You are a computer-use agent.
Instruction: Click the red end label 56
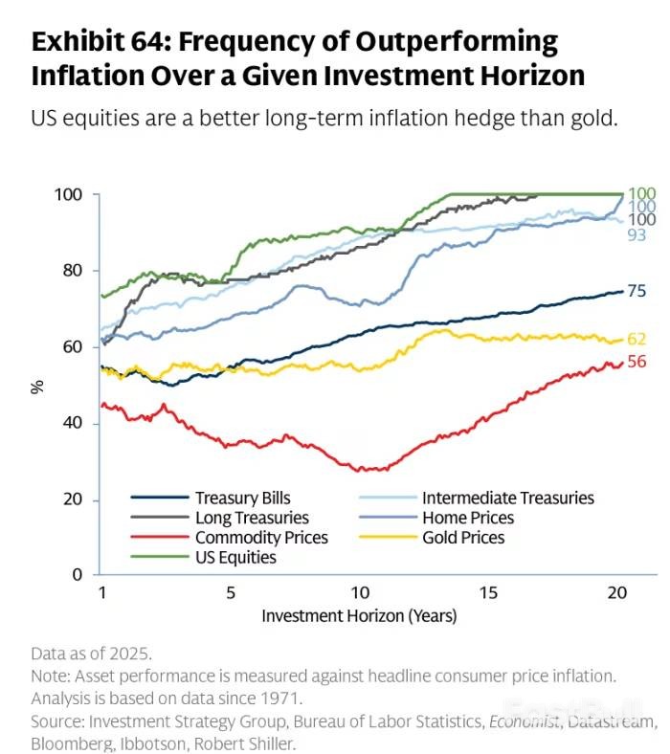point(636,362)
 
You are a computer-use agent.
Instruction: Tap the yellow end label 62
point(636,338)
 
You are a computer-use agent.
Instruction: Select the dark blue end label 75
point(636,291)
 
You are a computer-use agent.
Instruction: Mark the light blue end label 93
point(636,233)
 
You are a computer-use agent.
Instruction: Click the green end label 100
point(640,193)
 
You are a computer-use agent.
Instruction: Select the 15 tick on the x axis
point(487,593)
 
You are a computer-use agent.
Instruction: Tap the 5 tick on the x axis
point(231,593)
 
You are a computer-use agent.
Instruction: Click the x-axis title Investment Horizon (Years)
point(359,615)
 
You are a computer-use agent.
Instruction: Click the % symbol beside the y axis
point(37,386)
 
